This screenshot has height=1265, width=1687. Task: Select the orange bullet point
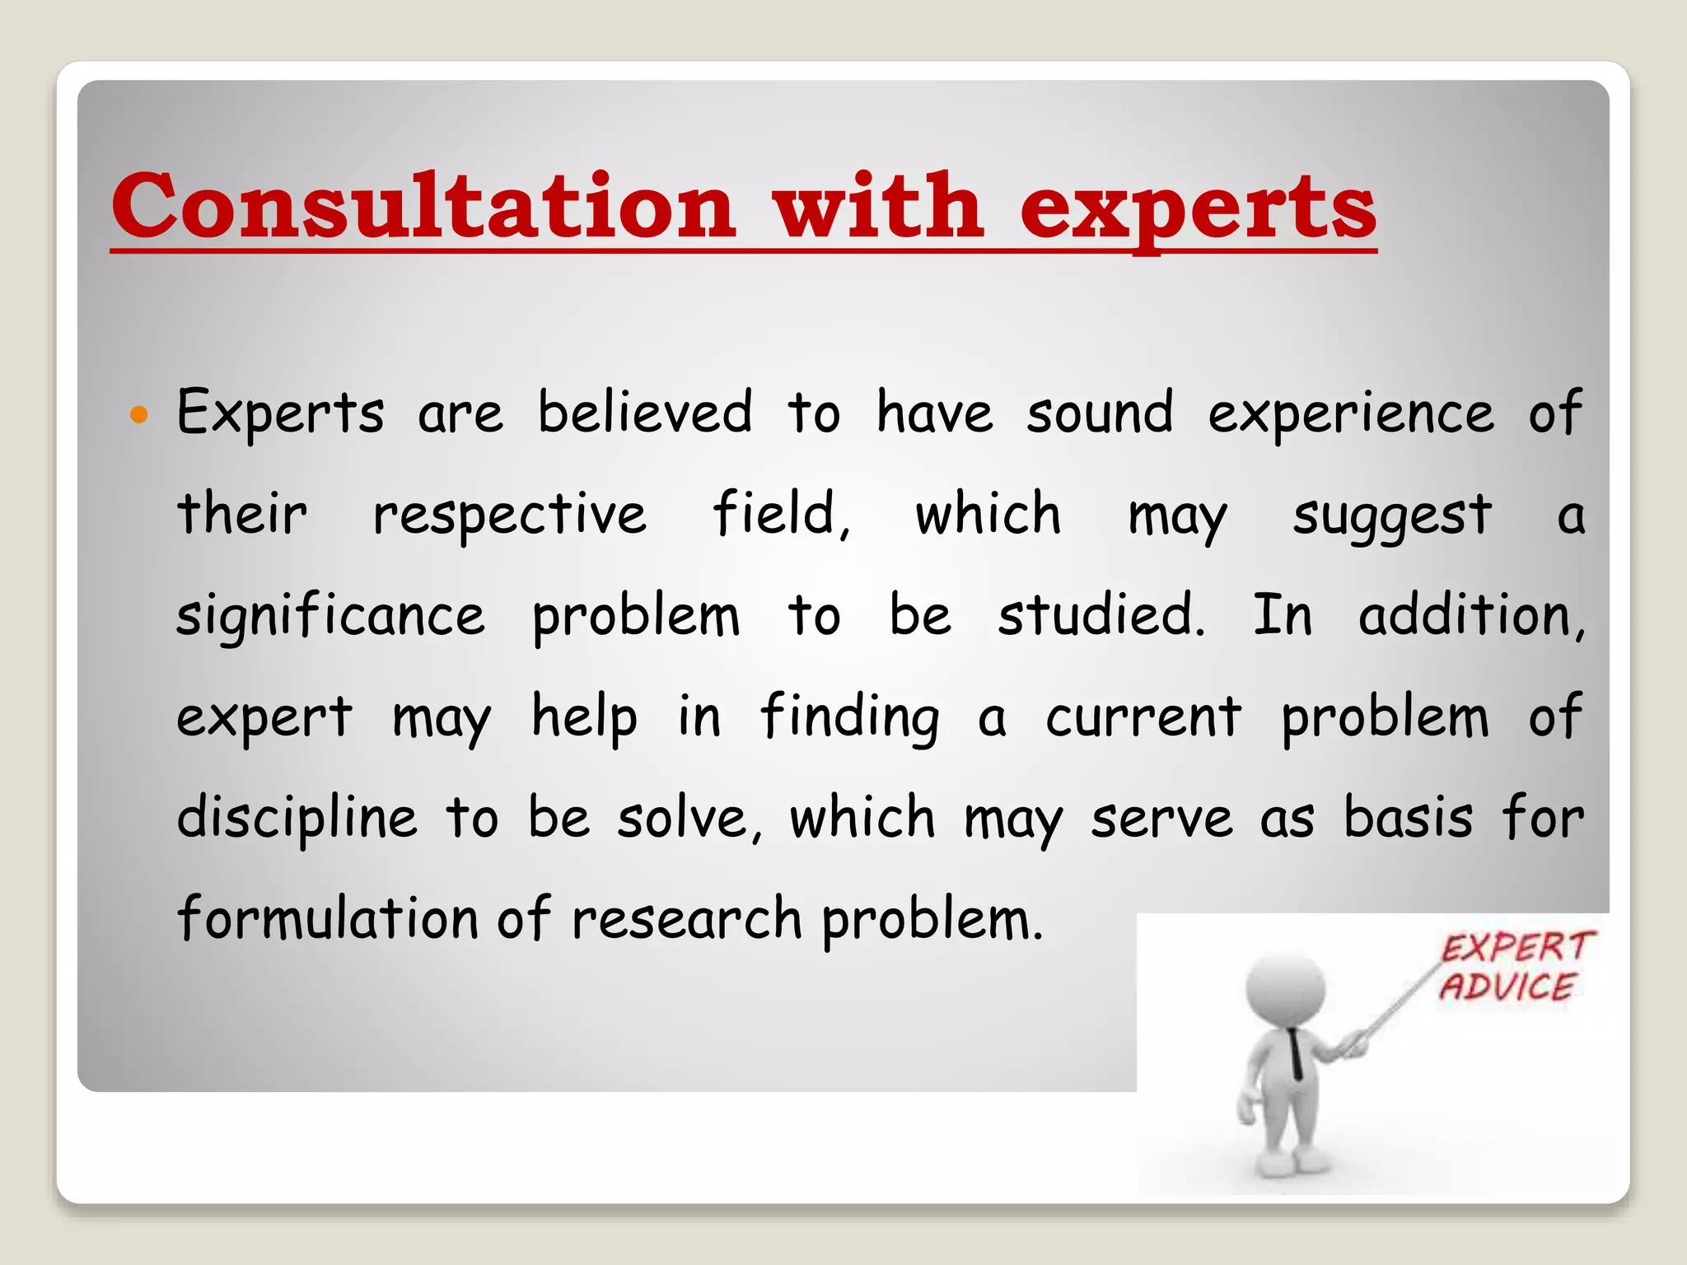(139, 414)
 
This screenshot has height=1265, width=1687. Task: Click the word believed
(645, 412)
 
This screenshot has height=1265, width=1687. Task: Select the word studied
(1101, 615)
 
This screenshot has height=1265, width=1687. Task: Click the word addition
(1471, 616)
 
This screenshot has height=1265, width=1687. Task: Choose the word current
(1143, 717)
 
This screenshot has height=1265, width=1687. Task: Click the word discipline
(297, 819)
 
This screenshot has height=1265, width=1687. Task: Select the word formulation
(328, 918)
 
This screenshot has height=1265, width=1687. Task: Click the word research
(686, 919)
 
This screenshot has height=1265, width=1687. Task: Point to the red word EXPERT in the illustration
(1517, 948)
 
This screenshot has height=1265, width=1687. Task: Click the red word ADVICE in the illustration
(1507, 987)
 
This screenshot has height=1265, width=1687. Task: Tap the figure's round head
(1286, 989)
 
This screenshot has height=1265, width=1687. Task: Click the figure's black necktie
(1296, 1053)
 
